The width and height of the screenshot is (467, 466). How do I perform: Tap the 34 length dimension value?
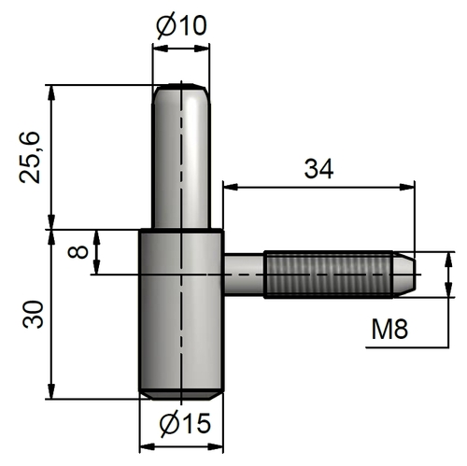318,169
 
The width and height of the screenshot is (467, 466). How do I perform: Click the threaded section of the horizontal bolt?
327,274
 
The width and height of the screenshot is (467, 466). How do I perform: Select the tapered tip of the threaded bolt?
403,274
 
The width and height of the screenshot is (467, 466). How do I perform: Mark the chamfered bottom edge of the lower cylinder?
180,390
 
